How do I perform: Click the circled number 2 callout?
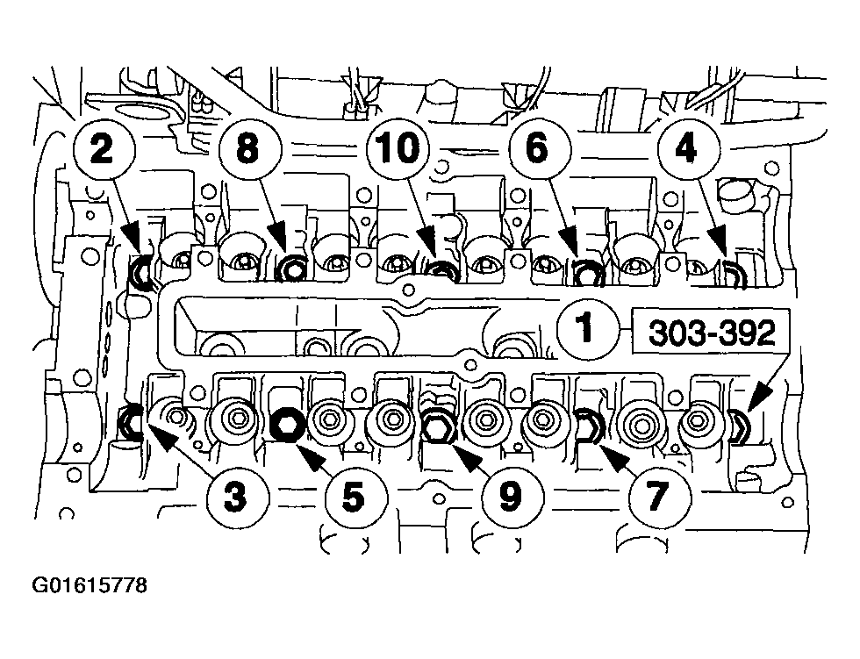[x=102, y=150]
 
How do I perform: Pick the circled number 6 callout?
[x=535, y=150]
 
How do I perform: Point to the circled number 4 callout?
[x=685, y=150]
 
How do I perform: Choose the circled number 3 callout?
[x=233, y=498]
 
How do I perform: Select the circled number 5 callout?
[x=351, y=498]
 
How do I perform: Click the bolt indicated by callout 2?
[x=140, y=274]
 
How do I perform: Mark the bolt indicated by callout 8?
[x=289, y=270]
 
